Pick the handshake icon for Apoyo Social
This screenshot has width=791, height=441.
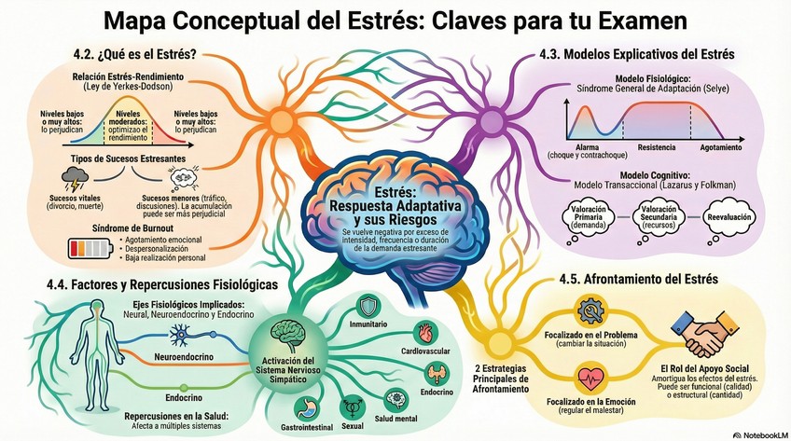click(703, 329)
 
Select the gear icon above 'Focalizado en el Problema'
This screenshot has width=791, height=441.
click(591, 310)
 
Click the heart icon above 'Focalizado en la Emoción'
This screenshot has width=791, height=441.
click(591, 378)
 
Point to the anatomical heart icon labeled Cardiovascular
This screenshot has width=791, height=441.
click(423, 333)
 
